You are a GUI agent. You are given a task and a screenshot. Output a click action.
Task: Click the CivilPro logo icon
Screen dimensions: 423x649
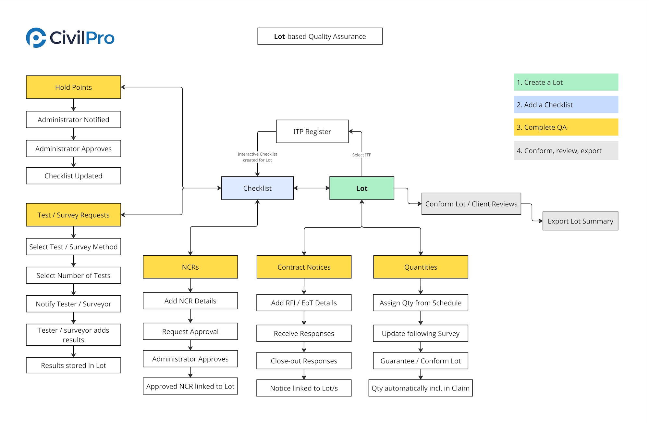[x=36, y=38]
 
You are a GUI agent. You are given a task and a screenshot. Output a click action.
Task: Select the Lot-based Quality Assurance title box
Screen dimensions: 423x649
[x=320, y=36]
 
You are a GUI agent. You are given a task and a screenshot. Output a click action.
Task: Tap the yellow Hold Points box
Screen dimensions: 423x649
[x=73, y=87]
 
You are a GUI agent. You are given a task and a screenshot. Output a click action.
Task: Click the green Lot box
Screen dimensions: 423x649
[x=361, y=188]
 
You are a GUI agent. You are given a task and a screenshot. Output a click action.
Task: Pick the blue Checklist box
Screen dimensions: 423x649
[x=257, y=188]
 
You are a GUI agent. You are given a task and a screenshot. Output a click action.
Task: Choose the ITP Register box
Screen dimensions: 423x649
[x=312, y=132]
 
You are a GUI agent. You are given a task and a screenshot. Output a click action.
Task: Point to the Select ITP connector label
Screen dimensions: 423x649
[x=361, y=155]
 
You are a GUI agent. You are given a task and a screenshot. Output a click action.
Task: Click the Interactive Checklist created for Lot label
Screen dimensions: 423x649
[x=257, y=157]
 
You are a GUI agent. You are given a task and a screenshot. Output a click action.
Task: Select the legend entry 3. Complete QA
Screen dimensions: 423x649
[x=566, y=127]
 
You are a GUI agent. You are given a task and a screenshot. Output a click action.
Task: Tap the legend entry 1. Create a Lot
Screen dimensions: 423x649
[x=566, y=82]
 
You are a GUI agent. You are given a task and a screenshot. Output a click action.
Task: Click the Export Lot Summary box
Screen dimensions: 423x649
[x=580, y=221]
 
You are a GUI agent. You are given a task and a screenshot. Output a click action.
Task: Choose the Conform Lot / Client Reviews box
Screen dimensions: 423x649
[x=471, y=204]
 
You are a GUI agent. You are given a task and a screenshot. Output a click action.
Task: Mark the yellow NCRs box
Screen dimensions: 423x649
[x=190, y=267]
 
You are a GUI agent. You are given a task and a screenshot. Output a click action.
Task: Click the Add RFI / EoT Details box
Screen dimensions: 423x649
[x=304, y=303]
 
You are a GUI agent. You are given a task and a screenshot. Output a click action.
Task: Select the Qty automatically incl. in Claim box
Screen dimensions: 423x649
[x=421, y=388]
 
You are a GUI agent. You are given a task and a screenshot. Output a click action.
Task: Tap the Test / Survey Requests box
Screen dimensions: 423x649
[x=73, y=215]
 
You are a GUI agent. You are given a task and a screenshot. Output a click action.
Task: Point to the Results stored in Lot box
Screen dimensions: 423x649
[x=73, y=365]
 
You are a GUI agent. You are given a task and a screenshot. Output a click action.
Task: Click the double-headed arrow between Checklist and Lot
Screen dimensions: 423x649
[x=312, y=188]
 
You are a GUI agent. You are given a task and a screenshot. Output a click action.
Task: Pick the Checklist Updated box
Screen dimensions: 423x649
[x=73, y=176]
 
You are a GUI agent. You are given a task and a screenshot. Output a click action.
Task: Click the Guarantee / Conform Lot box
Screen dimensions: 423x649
[x=421, y=361]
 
